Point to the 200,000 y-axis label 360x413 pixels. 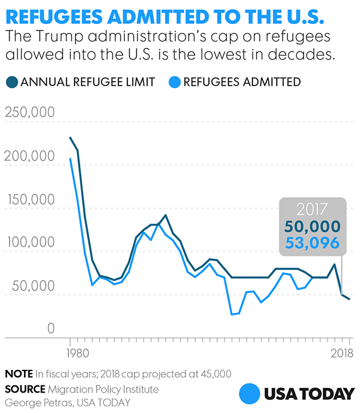[30, 156]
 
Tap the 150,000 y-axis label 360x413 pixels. [30, 200]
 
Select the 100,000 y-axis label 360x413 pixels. [30, 243]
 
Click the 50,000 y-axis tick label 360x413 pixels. [34, 286]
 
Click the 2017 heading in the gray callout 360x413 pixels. [312, 210]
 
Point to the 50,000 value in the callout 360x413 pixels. [312, 227]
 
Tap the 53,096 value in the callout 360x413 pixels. [312, 243]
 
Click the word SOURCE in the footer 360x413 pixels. [23, 389]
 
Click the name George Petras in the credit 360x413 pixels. [35, 402]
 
